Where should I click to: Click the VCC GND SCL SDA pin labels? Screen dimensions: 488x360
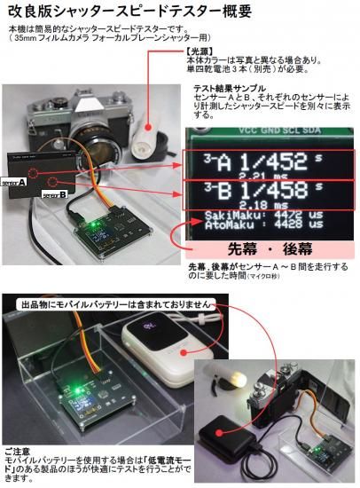[271, 139]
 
